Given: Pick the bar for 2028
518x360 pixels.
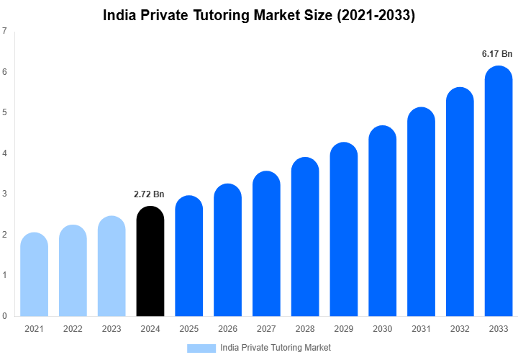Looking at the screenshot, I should pyautogui.click(x=305, y=237).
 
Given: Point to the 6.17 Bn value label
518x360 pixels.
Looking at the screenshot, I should pyautogui.click(x=497, y=54).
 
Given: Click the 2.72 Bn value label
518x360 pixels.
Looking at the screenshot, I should pyautogui.click(x=150, y=194).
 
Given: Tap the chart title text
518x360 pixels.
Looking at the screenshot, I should pyautogui.click(x=259, y=15).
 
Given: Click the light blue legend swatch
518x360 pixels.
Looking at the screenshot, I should pyautogui.click(x=201, y=348).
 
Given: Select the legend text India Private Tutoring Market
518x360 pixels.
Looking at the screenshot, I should pyautogui.click(x=276, y=348).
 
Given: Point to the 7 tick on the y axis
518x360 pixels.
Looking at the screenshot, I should pyautogui.click(x=5, y=32).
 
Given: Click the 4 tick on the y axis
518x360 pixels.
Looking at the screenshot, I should pyautogui.click(x=5, y=153).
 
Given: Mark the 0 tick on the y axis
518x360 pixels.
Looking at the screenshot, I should pyautogui.click(x=5, y=315).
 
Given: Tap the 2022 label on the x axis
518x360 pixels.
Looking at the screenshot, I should pyautogui.click(x=73, y=329).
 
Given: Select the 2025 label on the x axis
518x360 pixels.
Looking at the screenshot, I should pyautogui.click(x=188, y=329).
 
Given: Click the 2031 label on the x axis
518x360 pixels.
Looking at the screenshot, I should pyautogui.click(x=421, y=329).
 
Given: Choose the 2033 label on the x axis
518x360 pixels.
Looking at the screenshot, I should pyautogui.click(x=499, y=329).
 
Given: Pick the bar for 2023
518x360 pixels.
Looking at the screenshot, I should pyautogui.click(x=112, y=266).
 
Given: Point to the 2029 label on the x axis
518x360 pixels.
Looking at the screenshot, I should pyautogui.click(x=344, y=329).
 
